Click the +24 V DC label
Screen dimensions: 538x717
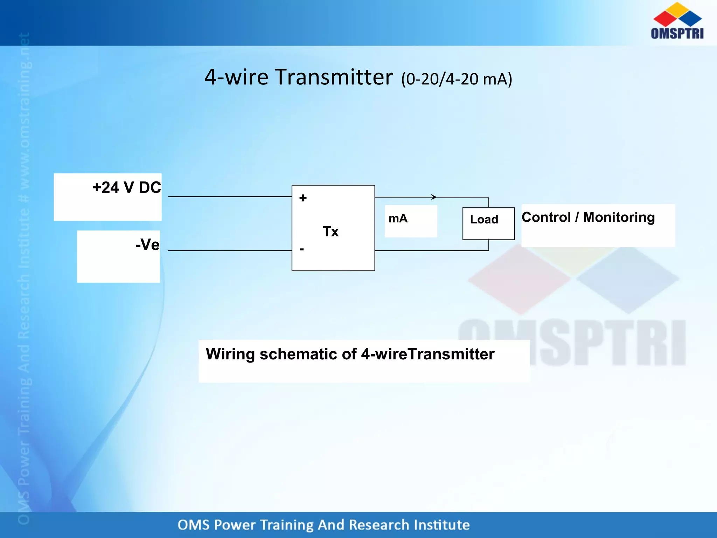coord(126,188)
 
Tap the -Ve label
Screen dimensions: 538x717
coord(147,244)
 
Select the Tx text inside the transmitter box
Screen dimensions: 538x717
coord(330,232)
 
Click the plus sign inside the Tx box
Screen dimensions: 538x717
coord(303,198)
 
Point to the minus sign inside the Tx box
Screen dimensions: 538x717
coord(301,249)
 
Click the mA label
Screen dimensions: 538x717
coord(398,219)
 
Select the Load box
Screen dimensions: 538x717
coord(488,223)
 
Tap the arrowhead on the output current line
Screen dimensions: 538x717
coord(434,197)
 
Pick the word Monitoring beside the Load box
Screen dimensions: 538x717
coord(619,217)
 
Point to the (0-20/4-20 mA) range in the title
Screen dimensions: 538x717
coord(457,79)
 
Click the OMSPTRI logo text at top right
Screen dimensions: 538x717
coord(677,33)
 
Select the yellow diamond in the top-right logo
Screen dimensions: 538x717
coord(678,9)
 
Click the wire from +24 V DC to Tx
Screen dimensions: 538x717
coord(229,196)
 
